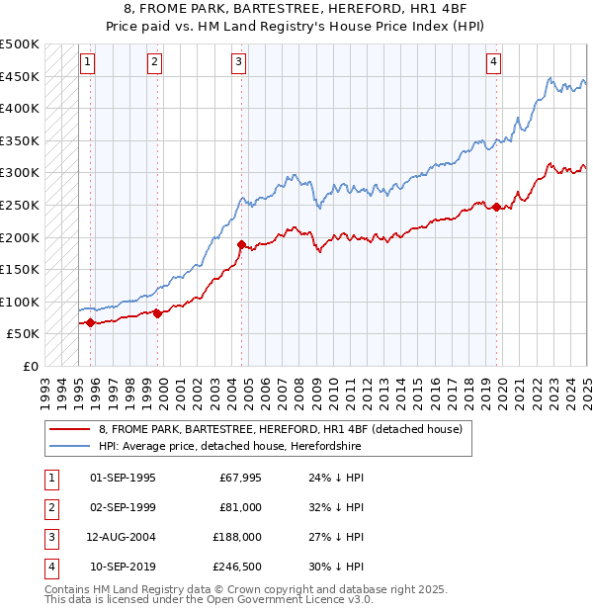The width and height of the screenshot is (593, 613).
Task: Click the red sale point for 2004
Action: pyautogui.click(x=241, y=243)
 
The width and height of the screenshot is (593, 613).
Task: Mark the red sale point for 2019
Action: pyautogui.click(x=496, y=207)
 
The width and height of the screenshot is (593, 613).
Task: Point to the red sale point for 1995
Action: pyautogui.click(x=91, y=322)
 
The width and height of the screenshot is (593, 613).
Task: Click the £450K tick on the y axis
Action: pyautogui.click(x=20, y=76)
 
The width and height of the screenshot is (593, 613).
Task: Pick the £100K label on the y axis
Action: pyautogui.click(x=20, y=302)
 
